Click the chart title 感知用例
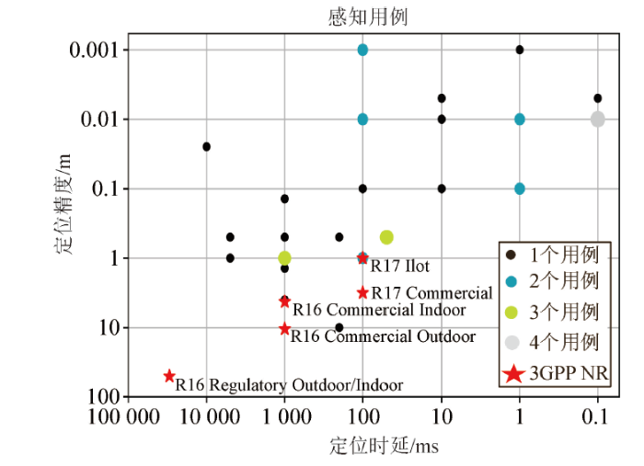click(x=367, y=17)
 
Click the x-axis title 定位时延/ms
click(x=373, y=446)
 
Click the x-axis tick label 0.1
click(x=598, y=418)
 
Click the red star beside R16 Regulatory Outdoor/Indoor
click(x=169, y=376)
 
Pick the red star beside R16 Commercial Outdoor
click(x=284, y=329)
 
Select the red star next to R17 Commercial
click(x=362, y=292)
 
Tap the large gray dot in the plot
click(x=598, y=119)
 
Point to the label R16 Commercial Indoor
click(x=379, y=310)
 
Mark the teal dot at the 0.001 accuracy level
click(x=362, y=50)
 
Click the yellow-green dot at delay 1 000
click(x=284, y=258)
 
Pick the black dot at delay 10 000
click(x=206, y=146)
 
